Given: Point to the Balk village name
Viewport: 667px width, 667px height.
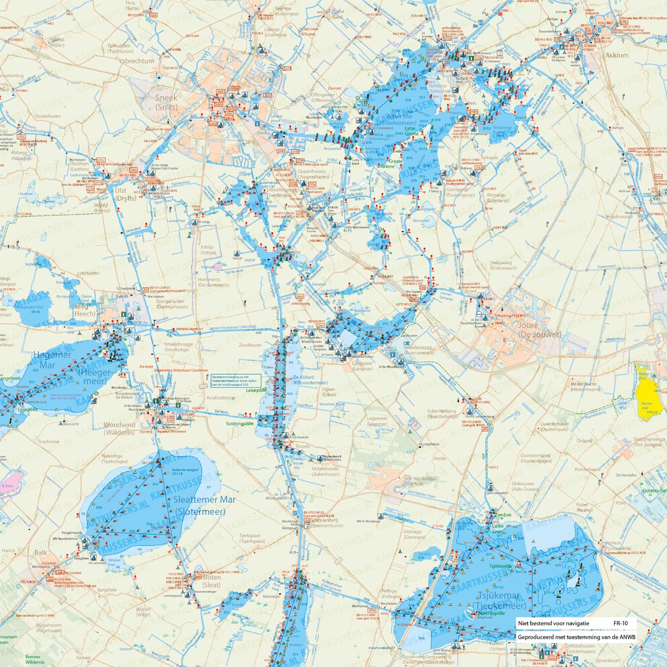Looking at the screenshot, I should [41, 552].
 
